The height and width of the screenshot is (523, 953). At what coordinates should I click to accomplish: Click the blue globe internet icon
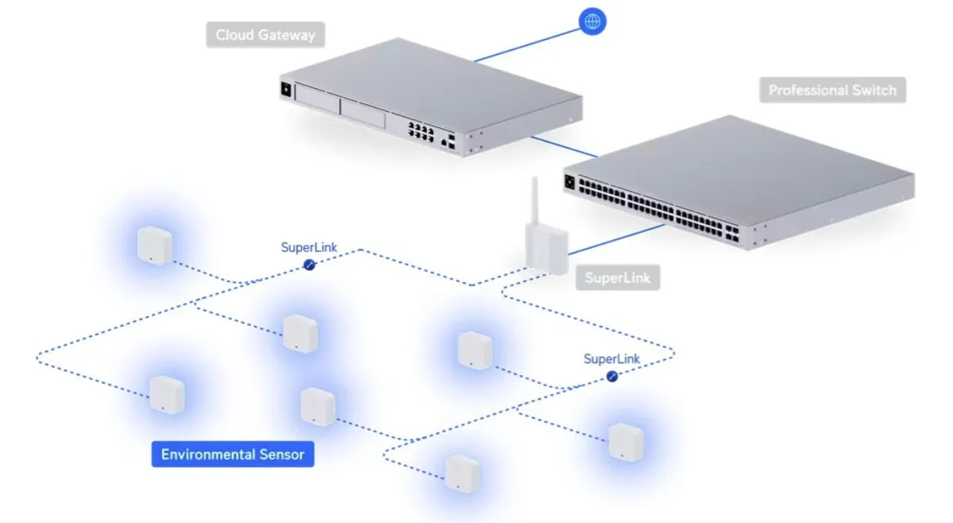pos(592,21)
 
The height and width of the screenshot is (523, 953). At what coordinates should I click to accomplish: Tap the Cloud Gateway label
pos(265,35)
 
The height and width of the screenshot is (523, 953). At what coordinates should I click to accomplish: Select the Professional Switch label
pos(831,90)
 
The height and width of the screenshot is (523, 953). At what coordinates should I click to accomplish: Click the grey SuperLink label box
pos(617,278)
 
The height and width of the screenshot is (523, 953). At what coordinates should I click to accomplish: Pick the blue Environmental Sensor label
pos(233,455)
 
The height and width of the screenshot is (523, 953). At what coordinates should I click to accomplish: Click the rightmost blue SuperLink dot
pos(612,376)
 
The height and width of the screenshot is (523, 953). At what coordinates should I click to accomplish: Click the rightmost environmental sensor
pos(625,441)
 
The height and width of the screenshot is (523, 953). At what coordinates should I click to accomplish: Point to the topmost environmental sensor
pos(155,244)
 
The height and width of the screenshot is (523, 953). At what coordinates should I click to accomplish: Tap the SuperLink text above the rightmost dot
pos(612,358)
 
